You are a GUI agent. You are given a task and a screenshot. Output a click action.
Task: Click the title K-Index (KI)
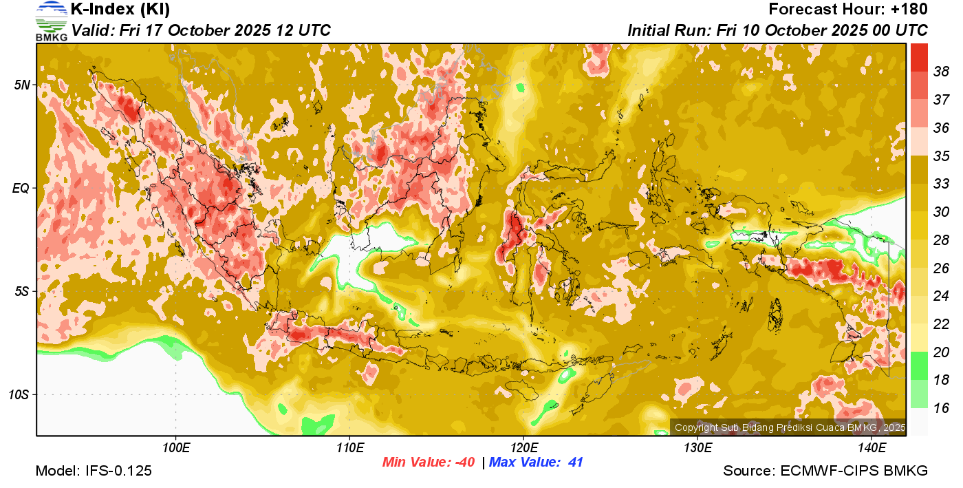pyautogui.click(x=120, y=10)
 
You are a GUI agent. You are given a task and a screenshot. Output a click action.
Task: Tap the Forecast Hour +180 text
pyautogui.click(x=848, y=10)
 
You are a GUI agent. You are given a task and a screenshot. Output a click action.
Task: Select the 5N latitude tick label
pyautogui.click(x=22, y=85)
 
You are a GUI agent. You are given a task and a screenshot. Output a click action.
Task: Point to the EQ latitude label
pyautogui.click(x=21, y=188)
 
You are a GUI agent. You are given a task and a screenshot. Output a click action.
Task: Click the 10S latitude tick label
pyautogui.click(x=19, y=395)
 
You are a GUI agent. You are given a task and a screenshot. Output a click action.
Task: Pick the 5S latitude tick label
pyautogui.click(x=22, y=292)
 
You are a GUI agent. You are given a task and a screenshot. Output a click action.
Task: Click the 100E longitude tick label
pyautogui.click(x=175, y=449)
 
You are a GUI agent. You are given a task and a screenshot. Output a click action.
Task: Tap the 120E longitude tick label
pyautogui.click(x=523, y=449)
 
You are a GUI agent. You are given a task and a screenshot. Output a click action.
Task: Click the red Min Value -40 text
pyautogui.click(x=429, y=463)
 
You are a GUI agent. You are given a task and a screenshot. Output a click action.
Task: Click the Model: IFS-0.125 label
pyautogui.click(x=94, y=471)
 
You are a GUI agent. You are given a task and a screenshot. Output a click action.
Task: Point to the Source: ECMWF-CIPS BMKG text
pyautogui.click(x=825, y=471)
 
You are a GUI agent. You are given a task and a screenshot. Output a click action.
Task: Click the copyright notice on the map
pyautogui.click(x=790, y=427)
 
